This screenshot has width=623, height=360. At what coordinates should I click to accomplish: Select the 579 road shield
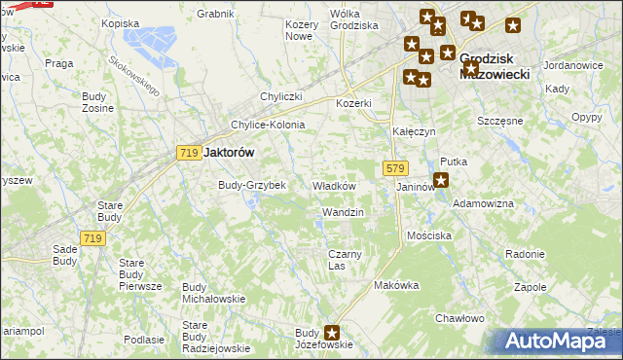pos(394,167)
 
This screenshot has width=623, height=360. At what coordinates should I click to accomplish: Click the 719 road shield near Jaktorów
pos(189,152)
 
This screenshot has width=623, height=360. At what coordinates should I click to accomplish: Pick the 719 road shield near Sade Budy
pos(92,238)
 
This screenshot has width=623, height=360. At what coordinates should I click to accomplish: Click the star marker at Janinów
pos(440,180)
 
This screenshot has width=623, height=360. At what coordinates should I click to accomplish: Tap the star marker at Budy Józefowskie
pos(333,333)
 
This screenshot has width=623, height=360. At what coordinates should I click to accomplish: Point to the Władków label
pos(333,186)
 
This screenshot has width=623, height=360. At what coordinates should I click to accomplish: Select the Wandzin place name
pos(342,212)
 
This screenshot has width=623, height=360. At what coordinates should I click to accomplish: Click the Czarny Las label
pos(344,260)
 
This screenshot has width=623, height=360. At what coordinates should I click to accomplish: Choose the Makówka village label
pos(395,286)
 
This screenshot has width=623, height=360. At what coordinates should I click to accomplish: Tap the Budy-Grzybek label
pos(251,185)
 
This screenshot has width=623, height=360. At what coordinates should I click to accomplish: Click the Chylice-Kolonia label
pos(267,125)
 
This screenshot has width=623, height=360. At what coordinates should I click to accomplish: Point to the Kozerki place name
pos(354,103)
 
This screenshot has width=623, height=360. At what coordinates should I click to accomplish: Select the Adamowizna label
pos(484,203)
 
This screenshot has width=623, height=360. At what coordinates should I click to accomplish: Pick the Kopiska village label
pos(120,22)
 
